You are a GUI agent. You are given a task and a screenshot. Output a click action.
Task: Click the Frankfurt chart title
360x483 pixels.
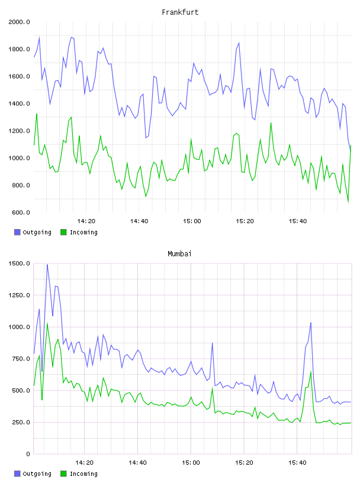point(180,12)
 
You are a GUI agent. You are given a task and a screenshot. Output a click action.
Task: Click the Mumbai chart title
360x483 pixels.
point(179,254)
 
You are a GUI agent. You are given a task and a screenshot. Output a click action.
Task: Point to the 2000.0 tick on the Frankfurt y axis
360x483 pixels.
point(19,22)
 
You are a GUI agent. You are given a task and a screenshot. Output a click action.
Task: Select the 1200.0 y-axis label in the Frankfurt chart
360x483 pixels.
point(19,131)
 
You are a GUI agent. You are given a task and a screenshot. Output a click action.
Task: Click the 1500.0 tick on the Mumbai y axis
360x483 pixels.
point(19,263)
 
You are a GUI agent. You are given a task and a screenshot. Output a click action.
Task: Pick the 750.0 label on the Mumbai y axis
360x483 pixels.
point(21,359)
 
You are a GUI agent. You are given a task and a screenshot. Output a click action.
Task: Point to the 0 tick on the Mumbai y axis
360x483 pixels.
point(28,454)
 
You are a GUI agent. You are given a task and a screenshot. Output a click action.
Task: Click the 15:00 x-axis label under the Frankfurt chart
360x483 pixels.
point(192,221)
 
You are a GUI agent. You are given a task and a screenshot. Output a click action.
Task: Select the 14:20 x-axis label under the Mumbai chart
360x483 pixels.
point(84,463)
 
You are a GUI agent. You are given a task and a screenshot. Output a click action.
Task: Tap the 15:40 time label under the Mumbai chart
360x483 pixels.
point(297,463)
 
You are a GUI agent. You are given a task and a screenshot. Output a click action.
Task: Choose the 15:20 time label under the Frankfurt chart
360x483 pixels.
point(245,221)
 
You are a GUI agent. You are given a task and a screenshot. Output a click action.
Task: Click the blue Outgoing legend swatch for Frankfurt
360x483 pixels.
point(17,232)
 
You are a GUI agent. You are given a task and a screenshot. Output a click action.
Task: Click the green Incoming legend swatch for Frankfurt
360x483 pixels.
point(63,232)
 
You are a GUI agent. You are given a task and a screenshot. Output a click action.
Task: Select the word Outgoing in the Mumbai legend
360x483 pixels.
point(37,474)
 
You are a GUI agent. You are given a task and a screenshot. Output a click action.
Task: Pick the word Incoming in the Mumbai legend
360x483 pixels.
point(83,474)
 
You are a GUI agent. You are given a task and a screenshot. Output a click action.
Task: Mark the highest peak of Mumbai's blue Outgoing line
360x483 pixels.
point(47,265)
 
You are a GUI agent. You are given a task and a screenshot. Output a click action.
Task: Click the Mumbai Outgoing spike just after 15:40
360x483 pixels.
point(311,323)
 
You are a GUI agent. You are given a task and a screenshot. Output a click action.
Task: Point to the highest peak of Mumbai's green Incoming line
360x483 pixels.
point(47,323)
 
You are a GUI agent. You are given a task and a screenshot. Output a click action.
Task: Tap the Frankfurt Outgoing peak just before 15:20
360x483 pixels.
point(239,43)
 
